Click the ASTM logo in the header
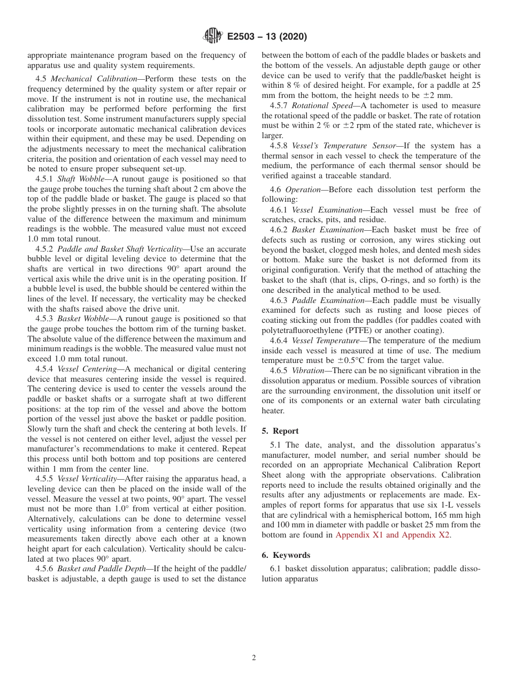212,36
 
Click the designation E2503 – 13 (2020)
267,37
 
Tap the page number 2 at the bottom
254,658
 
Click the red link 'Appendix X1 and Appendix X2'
392,535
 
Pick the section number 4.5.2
44,249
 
